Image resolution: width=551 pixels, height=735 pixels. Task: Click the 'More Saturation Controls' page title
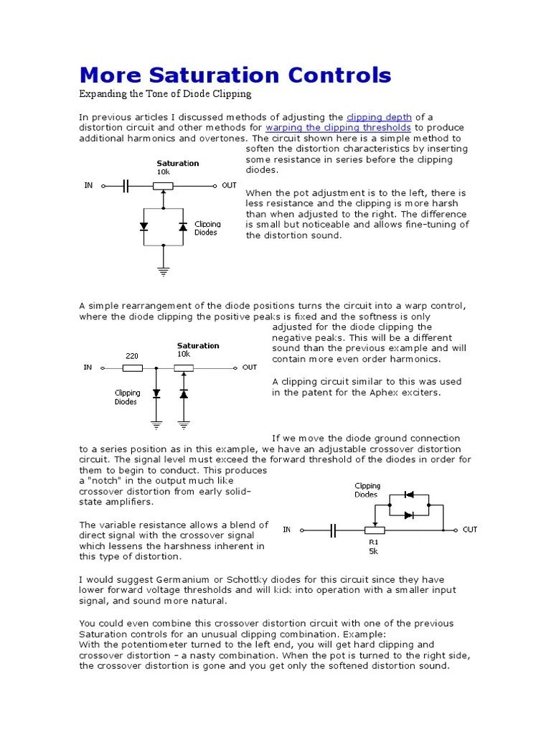pyautogui.click(x=235, y=75)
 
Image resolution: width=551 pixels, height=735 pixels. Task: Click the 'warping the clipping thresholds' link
pyautogui.click(x=339, y=128)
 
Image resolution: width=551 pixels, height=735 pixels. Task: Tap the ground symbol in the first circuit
pyautogui.click(x=164, y=271)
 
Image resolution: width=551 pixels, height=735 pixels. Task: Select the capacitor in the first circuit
pyautogui.click(x=126, y=186)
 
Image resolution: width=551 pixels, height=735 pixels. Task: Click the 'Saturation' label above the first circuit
pyautogui.click(x=178, y=164)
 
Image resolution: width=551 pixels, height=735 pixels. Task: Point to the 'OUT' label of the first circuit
pyautogui.click(x=229, y=185)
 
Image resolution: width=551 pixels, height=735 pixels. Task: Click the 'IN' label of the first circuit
pyautogui.click(x=88, y=185)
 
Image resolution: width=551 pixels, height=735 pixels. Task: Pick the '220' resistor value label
pyautogui.click(x=132, y=355)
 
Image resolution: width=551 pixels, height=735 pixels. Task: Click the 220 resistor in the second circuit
pyautogui.click(x=132, y=368)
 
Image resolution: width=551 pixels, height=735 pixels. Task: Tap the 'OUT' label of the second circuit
pyautogui.click(x=249, y=367)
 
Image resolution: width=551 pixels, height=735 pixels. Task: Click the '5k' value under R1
pyautogui.click(x=374, y=552)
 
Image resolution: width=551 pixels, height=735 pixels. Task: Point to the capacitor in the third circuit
pyautogui.click(x=333, y=530)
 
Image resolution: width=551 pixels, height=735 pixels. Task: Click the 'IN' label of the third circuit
pyautogui.click(x=288, y=530)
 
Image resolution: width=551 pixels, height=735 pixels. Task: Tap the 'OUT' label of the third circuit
pyautogui.click(x=470, y=530)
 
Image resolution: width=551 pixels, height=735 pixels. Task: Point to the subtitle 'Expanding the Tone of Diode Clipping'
pyautogui.click(x=165, y=94)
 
